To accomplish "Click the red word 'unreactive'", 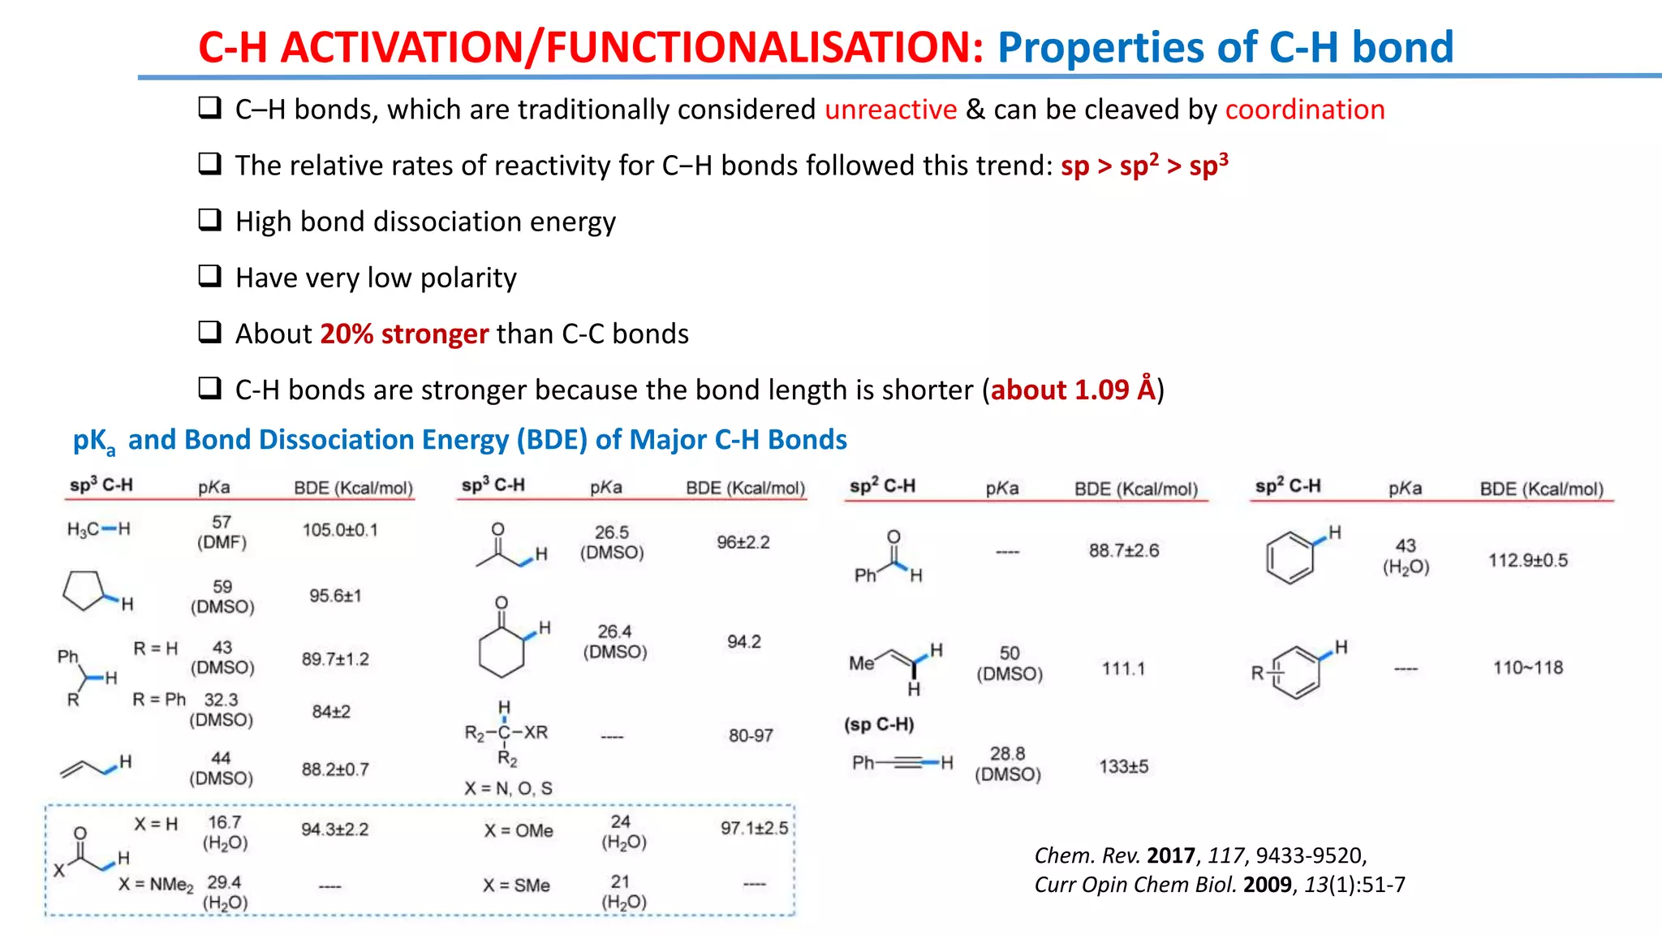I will click(890, 110).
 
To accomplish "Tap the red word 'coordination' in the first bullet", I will click(1304, 110).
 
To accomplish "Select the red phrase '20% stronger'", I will click(404, 334).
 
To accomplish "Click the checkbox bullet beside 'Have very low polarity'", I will click(210, 277).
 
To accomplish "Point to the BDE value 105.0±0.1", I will click(340, 530).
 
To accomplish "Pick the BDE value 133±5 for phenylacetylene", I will click(1123, 766).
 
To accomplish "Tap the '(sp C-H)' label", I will click(879, 724).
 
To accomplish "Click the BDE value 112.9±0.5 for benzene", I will click(1527, 560).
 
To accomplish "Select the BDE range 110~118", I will click(1527, 667).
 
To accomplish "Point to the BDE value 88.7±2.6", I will click(1123, 550).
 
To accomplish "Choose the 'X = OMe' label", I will click(519, 830).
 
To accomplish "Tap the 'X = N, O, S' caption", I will click(508, 788).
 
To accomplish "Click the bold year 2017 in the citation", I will click(1171, 855).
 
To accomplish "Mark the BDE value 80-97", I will click(751, 735).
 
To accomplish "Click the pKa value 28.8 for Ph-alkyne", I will click(1007, 754).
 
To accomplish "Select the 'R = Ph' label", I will click(159, 700).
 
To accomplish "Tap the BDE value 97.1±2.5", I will click(754, 828).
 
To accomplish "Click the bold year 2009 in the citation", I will click(1267, 885).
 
